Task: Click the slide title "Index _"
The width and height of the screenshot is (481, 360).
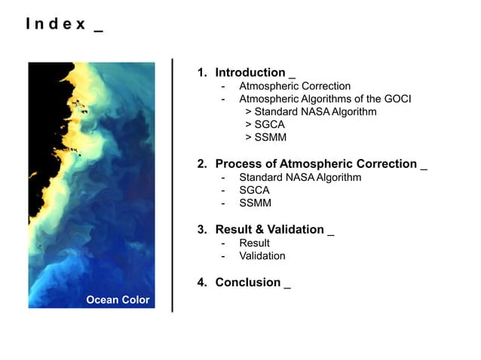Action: click(64, 23)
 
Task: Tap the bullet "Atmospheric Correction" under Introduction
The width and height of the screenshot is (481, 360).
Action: click(295, 87)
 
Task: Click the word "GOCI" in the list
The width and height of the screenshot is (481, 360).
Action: click(395, 99)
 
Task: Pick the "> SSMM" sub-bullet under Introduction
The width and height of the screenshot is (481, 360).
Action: click(265, 138)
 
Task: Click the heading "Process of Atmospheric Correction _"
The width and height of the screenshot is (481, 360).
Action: click(320, 164)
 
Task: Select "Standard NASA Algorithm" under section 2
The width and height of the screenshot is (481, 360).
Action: click(300, 178)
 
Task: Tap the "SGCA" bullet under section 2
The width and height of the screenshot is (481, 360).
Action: click(254, 191)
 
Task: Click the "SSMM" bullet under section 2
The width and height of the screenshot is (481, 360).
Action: click(255, 203)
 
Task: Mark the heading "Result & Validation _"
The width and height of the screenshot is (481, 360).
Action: click(274, 230)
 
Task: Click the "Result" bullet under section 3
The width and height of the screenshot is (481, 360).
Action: click(254, 243)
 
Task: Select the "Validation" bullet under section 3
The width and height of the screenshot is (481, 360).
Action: click(262, 256)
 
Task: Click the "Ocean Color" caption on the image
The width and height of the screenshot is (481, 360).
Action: click(118, 300)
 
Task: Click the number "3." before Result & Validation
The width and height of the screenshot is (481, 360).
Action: click(202, 230)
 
